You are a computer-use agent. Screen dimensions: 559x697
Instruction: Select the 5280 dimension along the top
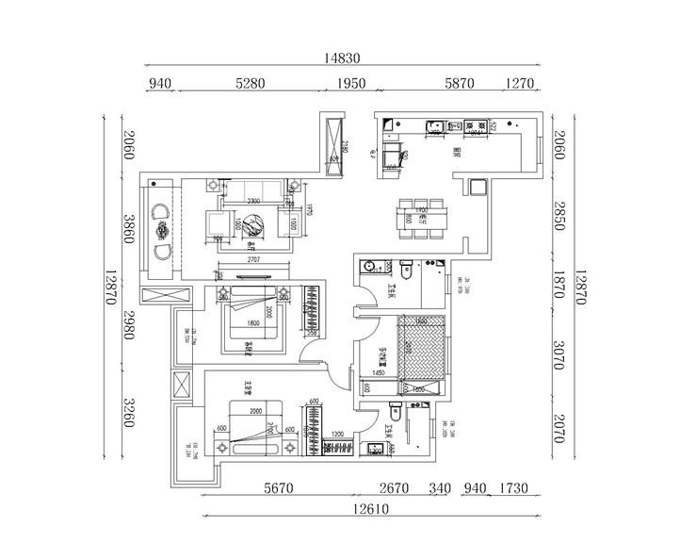(250, 84)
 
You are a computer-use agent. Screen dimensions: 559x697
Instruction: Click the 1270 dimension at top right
(520, 84)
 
